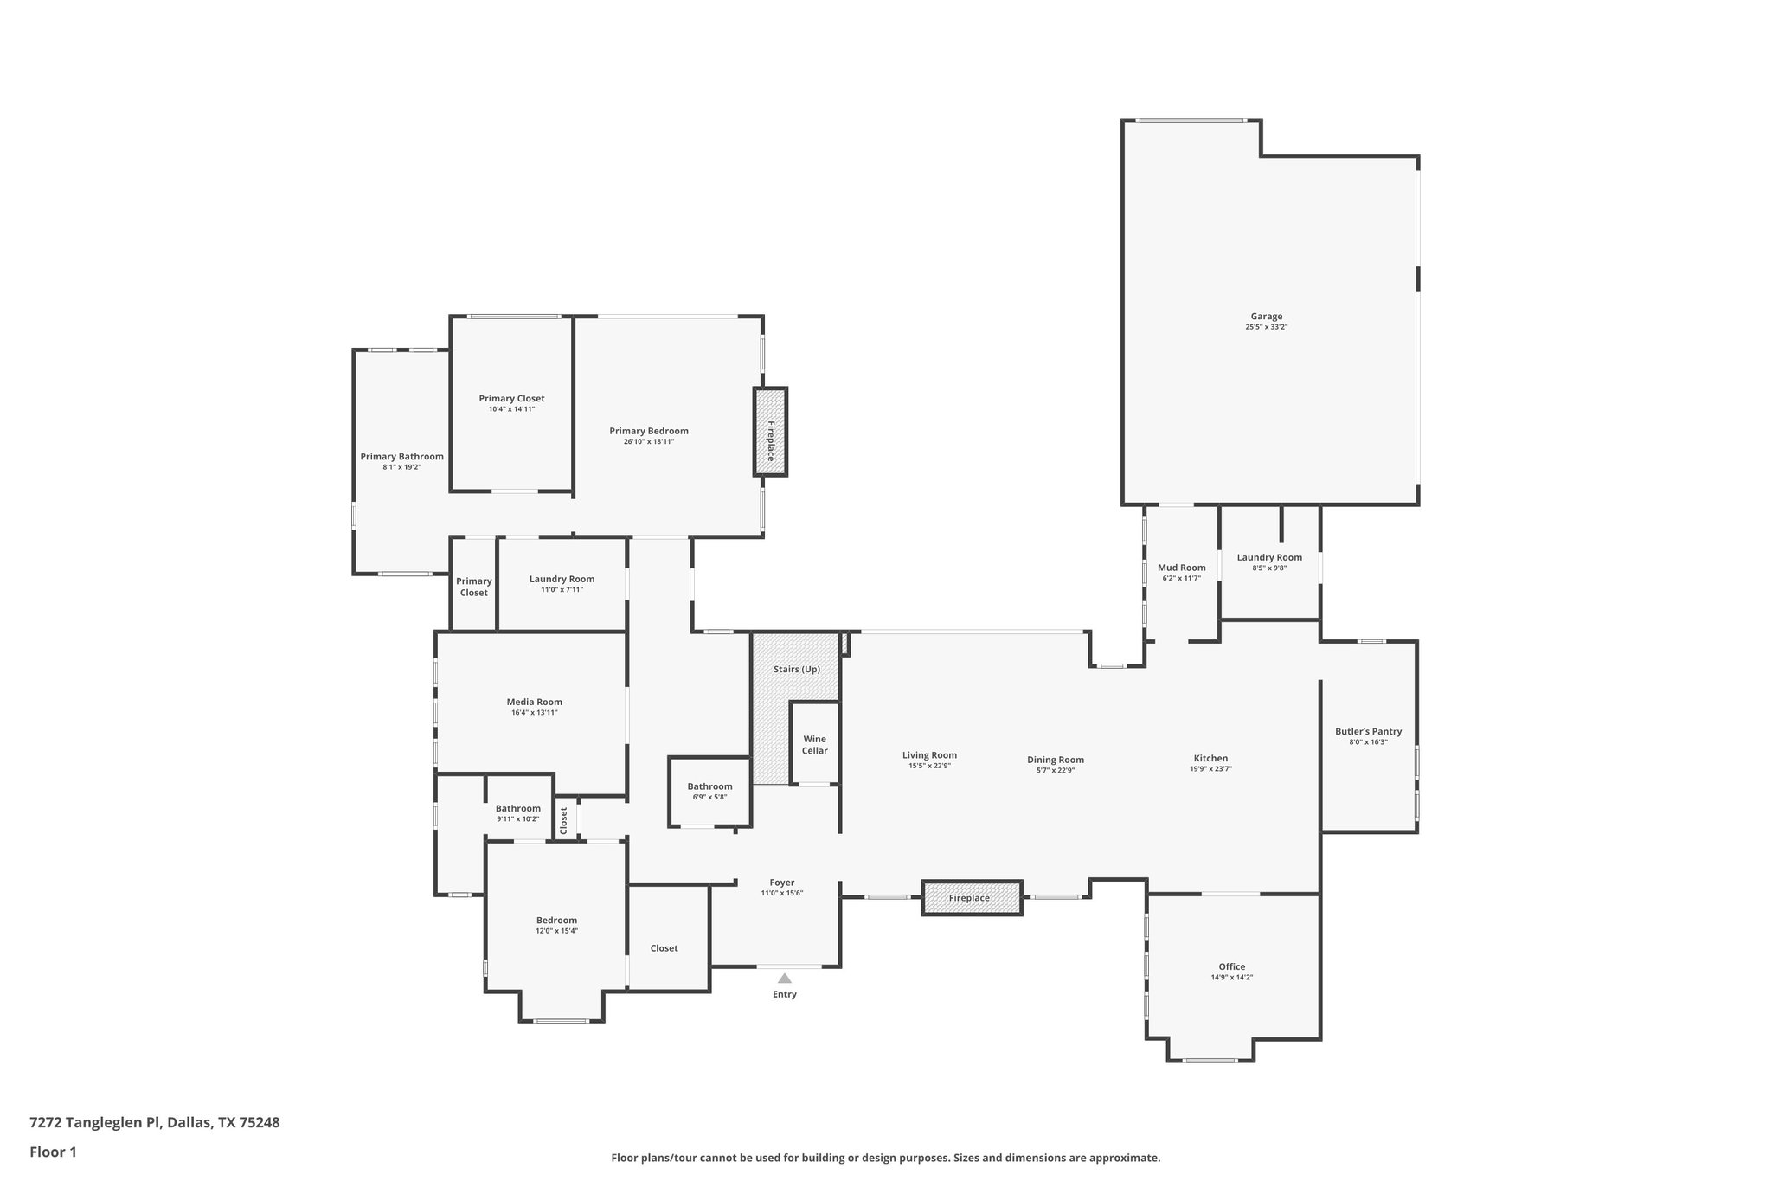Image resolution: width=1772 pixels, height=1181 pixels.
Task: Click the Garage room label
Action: pos(1266,317)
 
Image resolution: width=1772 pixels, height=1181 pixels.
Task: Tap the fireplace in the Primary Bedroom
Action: pos(770,431)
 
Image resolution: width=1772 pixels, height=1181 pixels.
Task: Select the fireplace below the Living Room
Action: pos(971,897)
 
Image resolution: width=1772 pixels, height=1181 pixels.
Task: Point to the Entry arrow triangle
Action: pos(784,979)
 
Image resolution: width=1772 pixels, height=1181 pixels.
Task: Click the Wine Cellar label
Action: pos(814,745)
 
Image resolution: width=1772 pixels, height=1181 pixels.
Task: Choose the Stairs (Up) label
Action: pos(796,669)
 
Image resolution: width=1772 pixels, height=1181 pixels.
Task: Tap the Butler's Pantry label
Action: pos(1368,731)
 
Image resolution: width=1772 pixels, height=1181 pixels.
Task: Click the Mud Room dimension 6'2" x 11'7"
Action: pos(1181,578)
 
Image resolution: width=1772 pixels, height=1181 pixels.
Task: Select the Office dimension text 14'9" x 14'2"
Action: pos(1231,978)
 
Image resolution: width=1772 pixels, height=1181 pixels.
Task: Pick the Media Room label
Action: pos(534,702)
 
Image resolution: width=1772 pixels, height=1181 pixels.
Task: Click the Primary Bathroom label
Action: pos(401,456)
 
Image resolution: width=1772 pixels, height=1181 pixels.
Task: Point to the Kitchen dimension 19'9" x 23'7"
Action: pos(1210,768)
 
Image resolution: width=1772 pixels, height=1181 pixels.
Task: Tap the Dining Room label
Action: pos(1055,760)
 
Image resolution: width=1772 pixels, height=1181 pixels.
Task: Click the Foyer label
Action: pos(781,883)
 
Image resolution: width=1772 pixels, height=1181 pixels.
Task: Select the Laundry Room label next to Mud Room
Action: pos(1268,557)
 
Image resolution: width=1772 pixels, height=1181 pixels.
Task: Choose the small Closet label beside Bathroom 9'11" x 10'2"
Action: pos(563,820)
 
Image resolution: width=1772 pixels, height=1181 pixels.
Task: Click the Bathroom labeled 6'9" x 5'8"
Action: pos(709,786)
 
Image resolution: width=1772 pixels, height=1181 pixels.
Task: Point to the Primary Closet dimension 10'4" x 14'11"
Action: pos(511,409)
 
